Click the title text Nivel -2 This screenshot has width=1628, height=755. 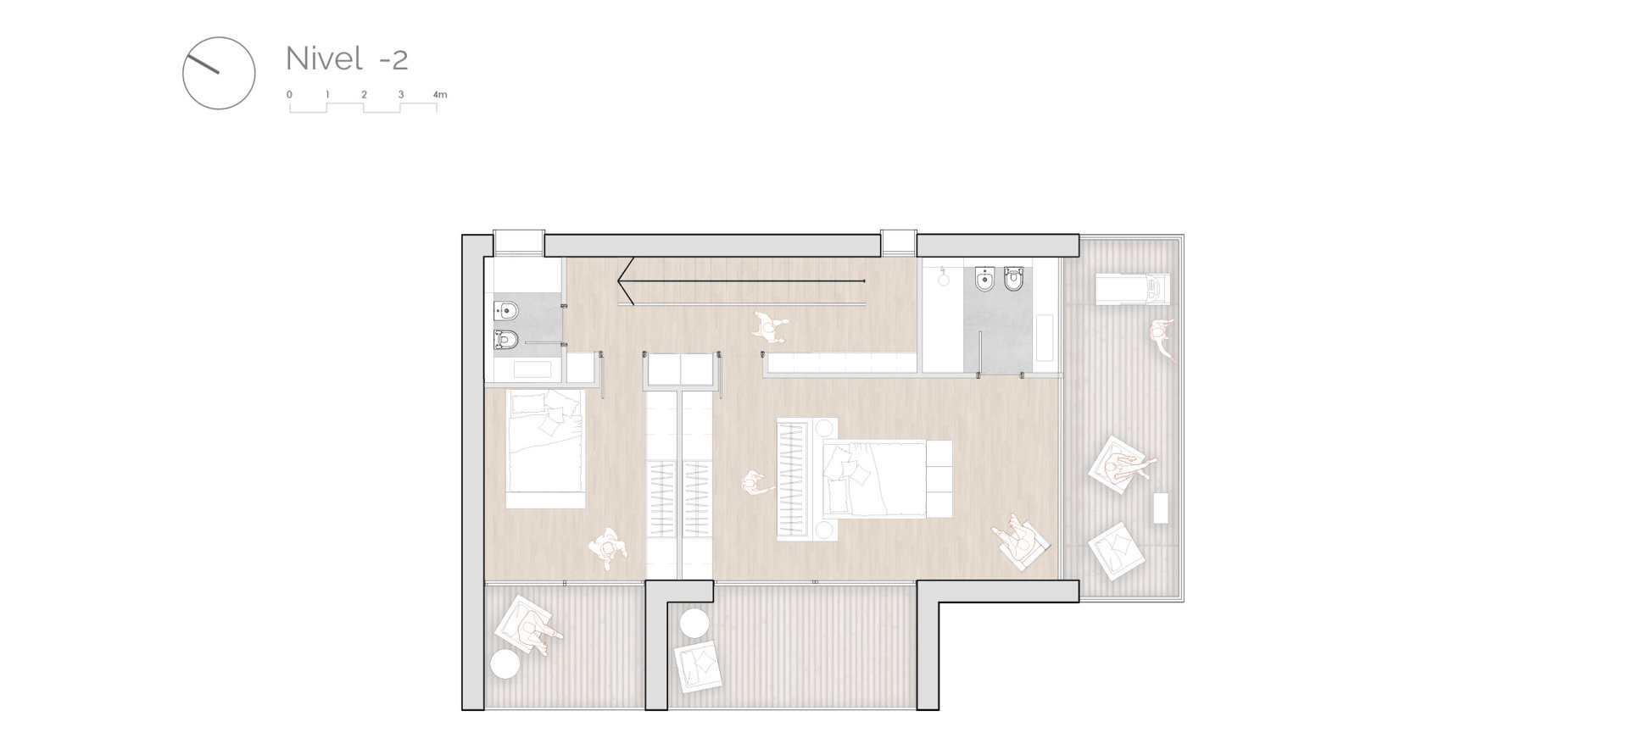[347, 58]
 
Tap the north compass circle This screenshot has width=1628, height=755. [219, 37]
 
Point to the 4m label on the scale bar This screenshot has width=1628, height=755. [439, 95]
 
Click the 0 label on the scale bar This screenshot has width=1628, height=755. [289, 95]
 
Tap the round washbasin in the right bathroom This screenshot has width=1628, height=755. [944, 280]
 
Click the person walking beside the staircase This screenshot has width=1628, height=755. [769, 326]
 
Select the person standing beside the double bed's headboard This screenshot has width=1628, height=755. [755, 484]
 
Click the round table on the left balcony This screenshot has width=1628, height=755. [505, 664]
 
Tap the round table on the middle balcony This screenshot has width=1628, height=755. [694, 624]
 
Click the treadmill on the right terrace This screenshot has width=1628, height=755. [1133, 289]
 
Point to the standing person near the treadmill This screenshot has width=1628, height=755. [1162, 338]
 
